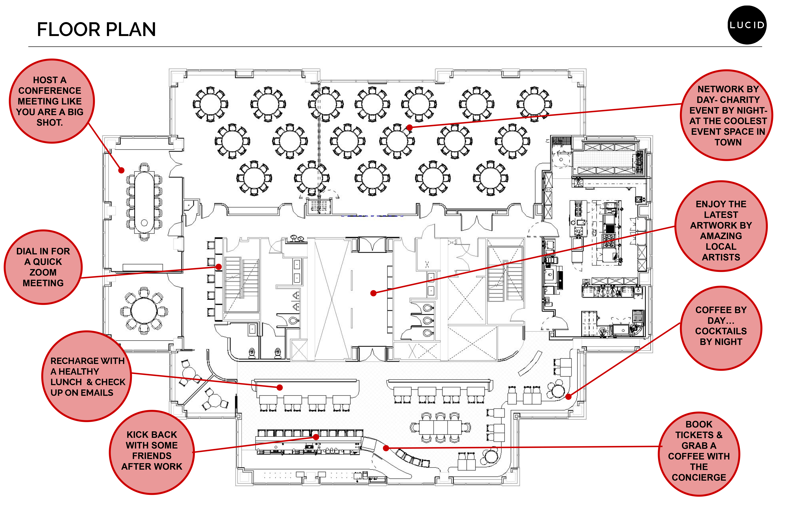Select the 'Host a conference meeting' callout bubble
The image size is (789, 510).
[51, 101]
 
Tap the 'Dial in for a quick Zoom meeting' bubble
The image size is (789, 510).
[43, 267]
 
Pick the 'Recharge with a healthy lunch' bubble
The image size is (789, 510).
[87, 376]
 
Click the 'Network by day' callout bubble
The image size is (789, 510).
[727, 115]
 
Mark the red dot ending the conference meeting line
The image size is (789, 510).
[121, 170]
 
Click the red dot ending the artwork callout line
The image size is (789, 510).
[373, 293]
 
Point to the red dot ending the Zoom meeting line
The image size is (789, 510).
[219, 267]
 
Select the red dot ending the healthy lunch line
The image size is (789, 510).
[280, 387]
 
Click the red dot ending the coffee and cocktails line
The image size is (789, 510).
[568, 396]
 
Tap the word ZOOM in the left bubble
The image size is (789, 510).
[43, 272]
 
